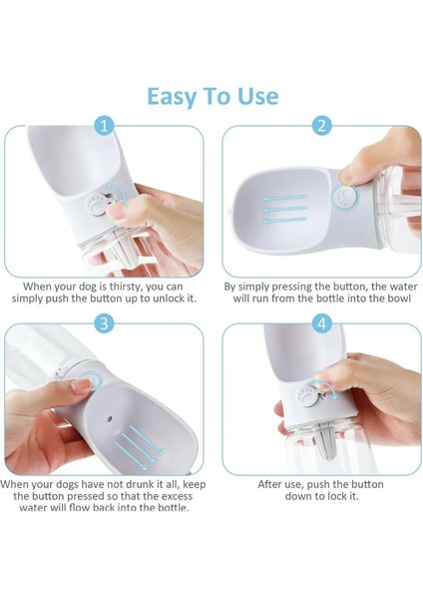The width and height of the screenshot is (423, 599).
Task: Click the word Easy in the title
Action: pyautogui.click(x=171, y=97)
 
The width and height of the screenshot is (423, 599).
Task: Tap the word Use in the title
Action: pyautogui.click(x=257, y=96)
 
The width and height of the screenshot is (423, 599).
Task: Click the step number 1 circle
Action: pyautogui.click(x=104, y=126)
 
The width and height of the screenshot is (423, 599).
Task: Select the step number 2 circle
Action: pyautogui.click(x=321, y=126)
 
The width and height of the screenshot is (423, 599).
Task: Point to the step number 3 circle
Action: pyautogui.click(x=104, y=323)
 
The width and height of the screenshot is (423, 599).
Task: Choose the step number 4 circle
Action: pyautogui.click(x=321, y=323)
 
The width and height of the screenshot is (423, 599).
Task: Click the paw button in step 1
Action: pyautogui.click(x=95, y=205)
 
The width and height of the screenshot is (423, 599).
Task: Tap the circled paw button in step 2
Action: pyautogui.click(x=345, y=197)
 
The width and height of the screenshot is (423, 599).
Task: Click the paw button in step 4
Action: pyautogui.click(x=308, y=395)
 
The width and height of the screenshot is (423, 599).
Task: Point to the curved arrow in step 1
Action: pyautogui.click(x=122, y=191)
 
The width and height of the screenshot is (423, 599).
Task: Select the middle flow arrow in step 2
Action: pyautogui.click(x=285, y=209)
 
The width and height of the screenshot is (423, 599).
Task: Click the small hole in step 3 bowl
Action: pyautogui.click(x=109, y=418)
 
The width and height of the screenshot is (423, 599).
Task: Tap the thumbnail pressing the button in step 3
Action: pyautogui.click(x=82, y=386)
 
